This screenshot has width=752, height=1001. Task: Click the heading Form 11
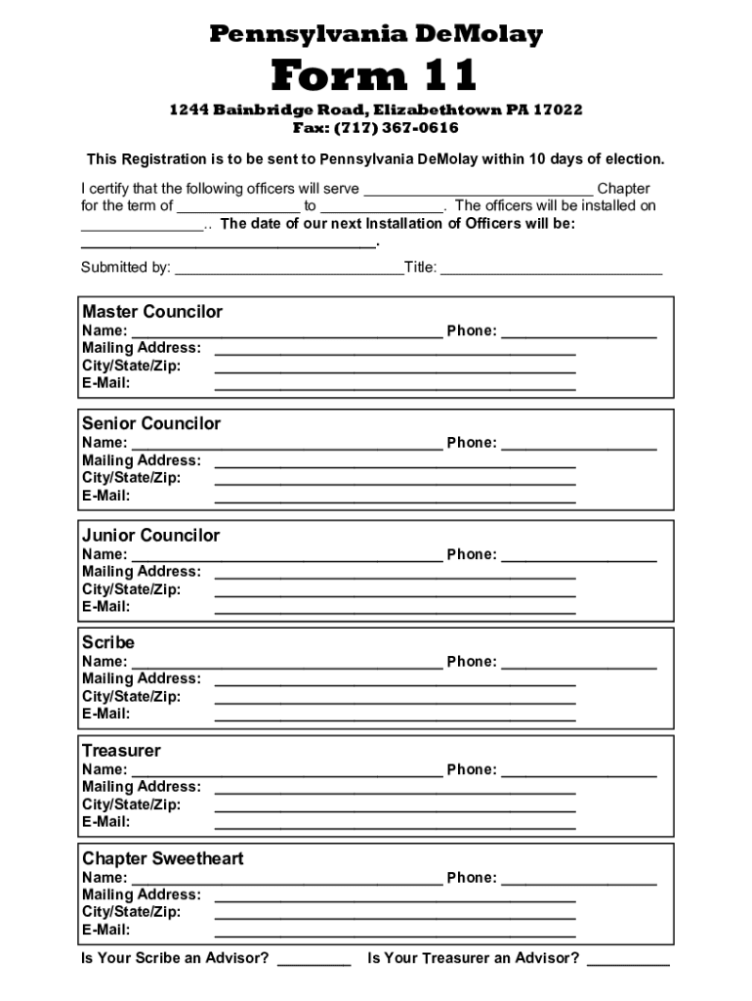click(x=375, y=75)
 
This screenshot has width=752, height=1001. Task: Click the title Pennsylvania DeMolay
click(x=376, y=35)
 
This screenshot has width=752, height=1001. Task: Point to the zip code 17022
click(x=561, y=109)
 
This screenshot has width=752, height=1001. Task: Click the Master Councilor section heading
click(x=152, y=312)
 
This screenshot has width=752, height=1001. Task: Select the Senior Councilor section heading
click(x=151, y=423)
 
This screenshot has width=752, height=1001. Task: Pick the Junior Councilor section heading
click(x=151, y=535)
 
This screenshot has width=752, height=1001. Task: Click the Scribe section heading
click(x=108, y=642)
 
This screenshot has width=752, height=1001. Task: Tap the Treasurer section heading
click(x=121, y=751)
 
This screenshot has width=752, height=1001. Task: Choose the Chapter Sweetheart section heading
click(x=162, y=858)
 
